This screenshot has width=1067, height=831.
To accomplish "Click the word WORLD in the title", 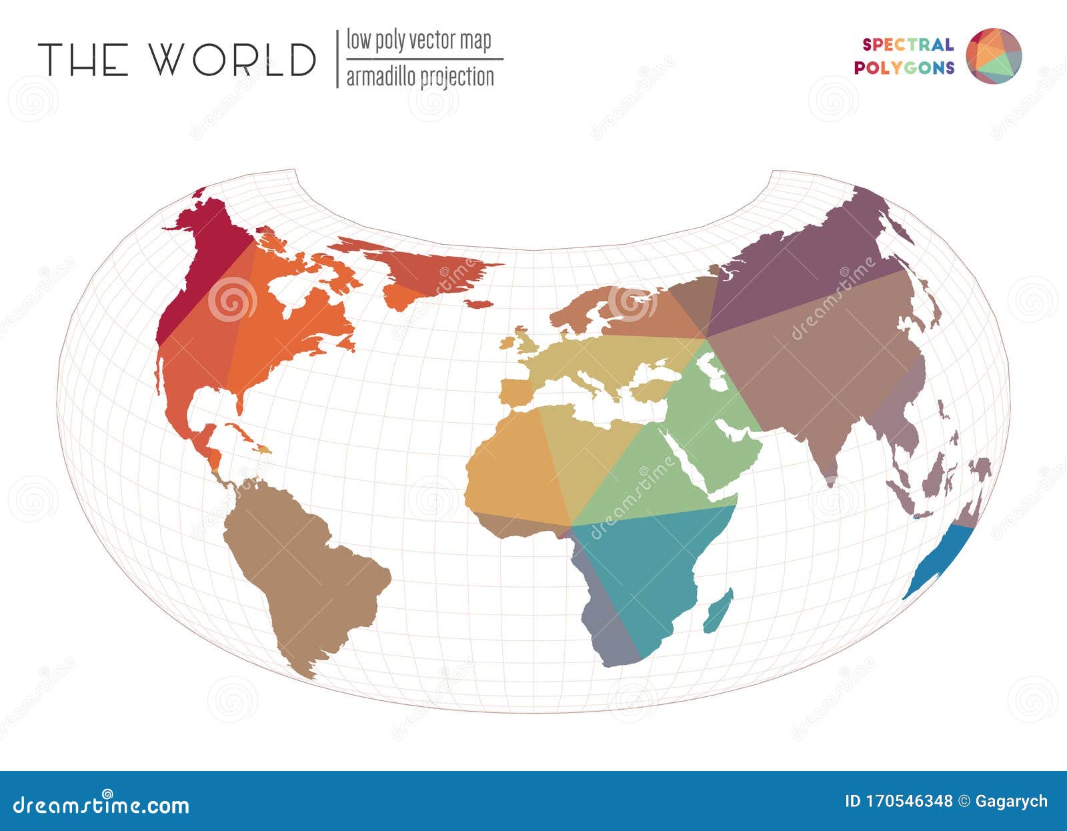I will coord(231,59).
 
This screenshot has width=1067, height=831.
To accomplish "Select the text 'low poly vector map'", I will coord(419,40).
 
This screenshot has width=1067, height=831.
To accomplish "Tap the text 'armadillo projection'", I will coord(420,77).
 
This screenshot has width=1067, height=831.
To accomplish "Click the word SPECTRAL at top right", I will coord(908,45).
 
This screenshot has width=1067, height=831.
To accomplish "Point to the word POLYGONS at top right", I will coord(904,68).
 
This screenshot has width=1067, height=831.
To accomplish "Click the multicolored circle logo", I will coord(994,56).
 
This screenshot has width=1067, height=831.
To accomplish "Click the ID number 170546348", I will coord(898,801).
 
